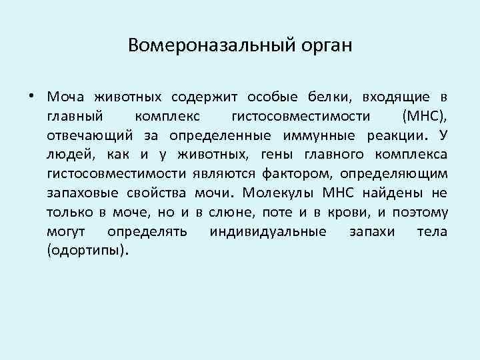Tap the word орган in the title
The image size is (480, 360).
point(329,47)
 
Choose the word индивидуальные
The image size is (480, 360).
point(268,233)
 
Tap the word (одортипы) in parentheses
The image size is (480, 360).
point(86,252)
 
